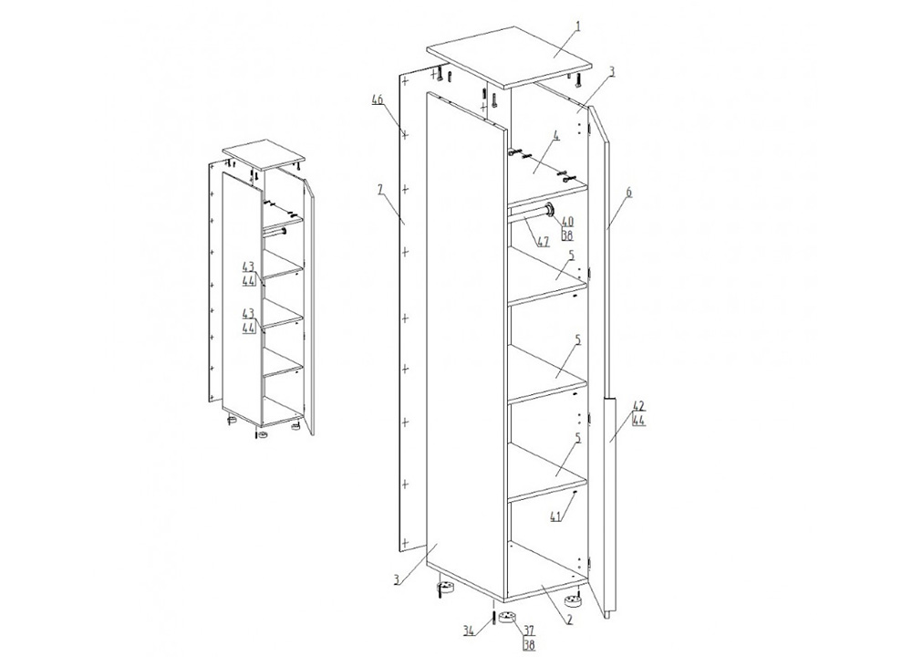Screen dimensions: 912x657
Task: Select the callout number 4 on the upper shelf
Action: [x=556, y=138]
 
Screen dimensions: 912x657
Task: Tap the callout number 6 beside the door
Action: [x=628, y=192]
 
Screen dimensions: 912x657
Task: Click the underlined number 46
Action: [x=378, y=100]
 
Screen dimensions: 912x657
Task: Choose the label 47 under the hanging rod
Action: [x=543, y=242]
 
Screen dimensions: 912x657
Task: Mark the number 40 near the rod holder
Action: [x=567, y=221]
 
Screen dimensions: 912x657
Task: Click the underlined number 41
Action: [x=556, y=516]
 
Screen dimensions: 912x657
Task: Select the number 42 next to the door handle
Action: [x=638, y=405]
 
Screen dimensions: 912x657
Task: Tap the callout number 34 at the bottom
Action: [x=470, y=631]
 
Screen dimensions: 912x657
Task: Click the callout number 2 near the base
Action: [x=569, y=620]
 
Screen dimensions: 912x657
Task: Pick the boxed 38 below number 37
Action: [x=529, y=644]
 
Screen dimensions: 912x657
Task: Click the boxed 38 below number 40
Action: [x=567, y=235]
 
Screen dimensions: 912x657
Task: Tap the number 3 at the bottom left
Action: [x=396, y=579]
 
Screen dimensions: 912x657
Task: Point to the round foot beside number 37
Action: [x=509, y=618]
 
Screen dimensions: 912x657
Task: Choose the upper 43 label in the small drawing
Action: [x=248, y=266]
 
